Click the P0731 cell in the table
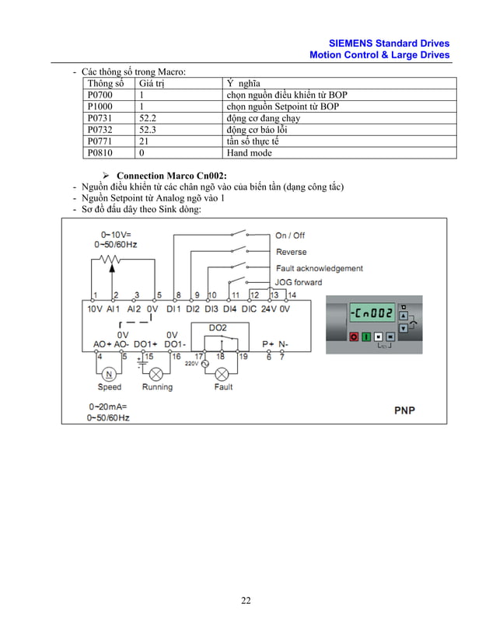coord(100,119)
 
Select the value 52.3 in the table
coord(147,131)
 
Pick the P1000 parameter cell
coord(100,107)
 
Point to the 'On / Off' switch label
coord(290,236)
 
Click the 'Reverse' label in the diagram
coord(291,252)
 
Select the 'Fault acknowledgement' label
coord(319,268)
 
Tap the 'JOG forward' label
coord(298,282)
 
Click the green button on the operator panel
coord(366,337)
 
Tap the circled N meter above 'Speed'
coord(109,372)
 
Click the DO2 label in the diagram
coord(218,328)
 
